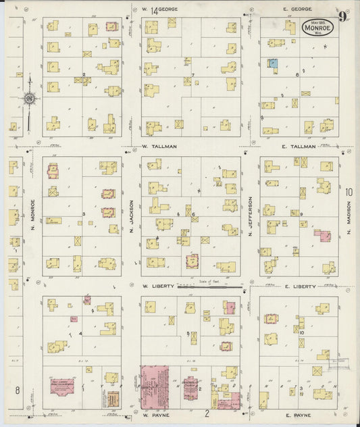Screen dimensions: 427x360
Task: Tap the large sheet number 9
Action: [x=344, y=17]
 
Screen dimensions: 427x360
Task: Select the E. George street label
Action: [x=297, y=9]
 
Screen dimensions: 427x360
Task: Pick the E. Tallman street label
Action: [x=298, y=146]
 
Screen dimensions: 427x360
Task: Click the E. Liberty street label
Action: [x=299, y=286]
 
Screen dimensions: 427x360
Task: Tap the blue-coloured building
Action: [x=273, y=63]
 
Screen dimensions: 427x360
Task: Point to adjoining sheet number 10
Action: [x=349, y=193]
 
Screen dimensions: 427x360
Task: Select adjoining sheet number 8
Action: [x=17, y=390]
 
